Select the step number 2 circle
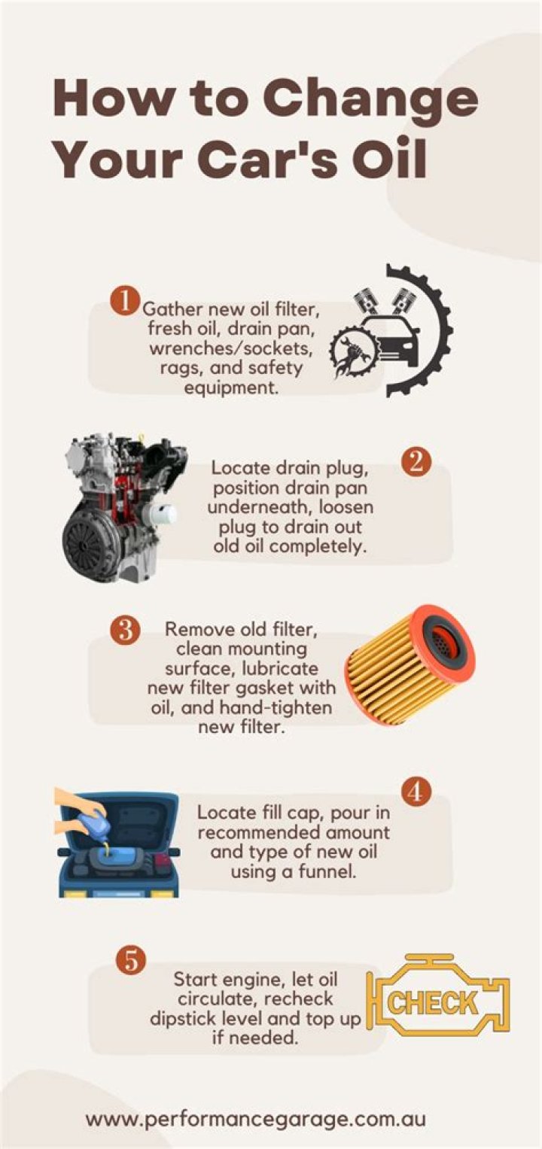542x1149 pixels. [x=416, y=462]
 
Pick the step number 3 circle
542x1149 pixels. [x=125, y=629]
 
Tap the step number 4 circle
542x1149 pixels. [x=416, y=791]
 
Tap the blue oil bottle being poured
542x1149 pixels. [x=97, y=824]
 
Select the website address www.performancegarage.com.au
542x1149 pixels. [x=255, y=1118]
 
